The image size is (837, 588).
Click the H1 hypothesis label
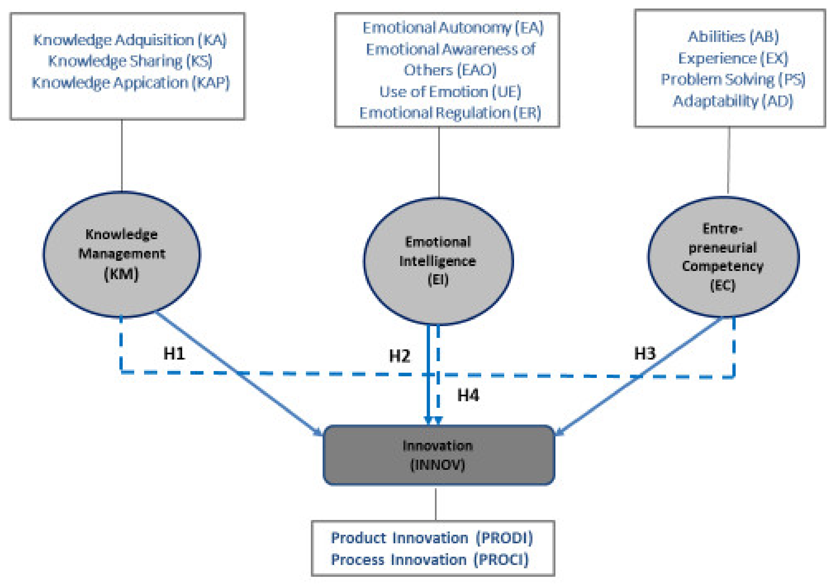point(174,353)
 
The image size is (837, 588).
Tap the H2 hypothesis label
point(400,356)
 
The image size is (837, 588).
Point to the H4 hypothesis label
point(468,395)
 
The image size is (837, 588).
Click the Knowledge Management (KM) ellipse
point(121,255)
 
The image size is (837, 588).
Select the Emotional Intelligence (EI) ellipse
point(438,261)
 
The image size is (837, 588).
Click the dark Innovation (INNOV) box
point(438,455)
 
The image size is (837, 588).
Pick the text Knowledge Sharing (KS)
point(130,61)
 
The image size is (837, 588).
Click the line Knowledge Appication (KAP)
point(131,83)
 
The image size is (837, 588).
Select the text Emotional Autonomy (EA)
point(453,28)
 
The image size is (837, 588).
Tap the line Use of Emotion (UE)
point(450,92)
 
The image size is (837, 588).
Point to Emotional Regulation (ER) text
point(450,113)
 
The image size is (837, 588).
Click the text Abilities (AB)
point(733,36)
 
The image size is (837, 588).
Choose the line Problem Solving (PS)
point(733,80)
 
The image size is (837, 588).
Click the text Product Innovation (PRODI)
point(432,538)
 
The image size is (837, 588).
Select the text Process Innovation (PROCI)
point(429,559)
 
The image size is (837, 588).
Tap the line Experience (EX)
point(733,58)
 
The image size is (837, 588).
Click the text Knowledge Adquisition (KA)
point(130,40)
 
